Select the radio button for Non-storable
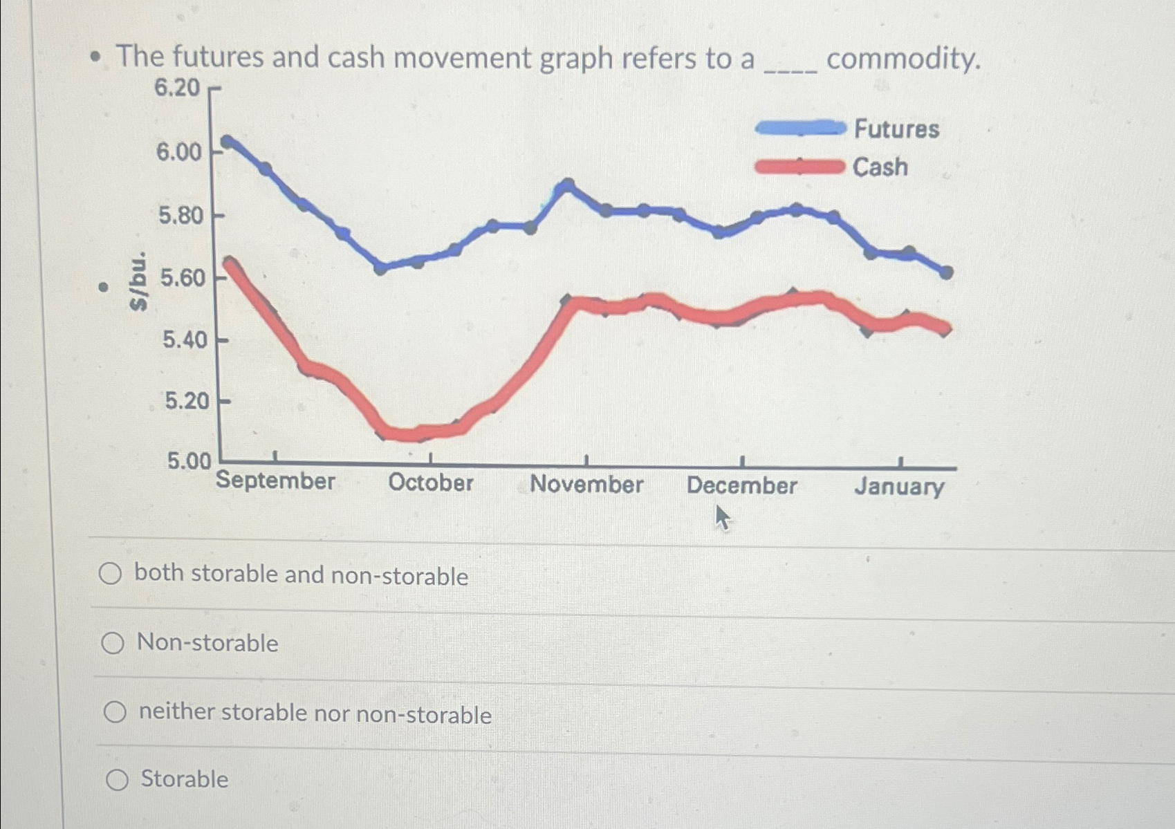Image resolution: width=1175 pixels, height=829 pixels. (113, 644)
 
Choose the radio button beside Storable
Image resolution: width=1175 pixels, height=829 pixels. (117, 780)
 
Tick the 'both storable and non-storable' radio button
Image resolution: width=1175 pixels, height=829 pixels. (110, 574)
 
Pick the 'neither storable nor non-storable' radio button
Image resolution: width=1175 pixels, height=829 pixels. (115, 711)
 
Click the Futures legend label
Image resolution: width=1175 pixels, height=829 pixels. (896, 129)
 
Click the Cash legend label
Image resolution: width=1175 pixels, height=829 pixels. (880, 167)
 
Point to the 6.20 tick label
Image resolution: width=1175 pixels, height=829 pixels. (177, 88)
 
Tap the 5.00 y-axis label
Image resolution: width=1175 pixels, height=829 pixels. (189, 460)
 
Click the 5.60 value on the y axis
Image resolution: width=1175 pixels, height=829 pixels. (183, 278)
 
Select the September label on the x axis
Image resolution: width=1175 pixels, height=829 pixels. (275, 481)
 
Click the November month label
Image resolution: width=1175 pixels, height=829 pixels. (586, 484)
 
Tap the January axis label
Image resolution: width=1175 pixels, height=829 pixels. (899, 486)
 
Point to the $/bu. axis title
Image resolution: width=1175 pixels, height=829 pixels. (139, 281)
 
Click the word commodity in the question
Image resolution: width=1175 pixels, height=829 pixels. (903, 59)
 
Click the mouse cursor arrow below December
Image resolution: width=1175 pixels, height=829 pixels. (721, 516)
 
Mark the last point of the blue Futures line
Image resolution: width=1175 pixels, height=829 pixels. (947, 273)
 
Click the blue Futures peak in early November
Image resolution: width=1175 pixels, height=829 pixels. (567, 185)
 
